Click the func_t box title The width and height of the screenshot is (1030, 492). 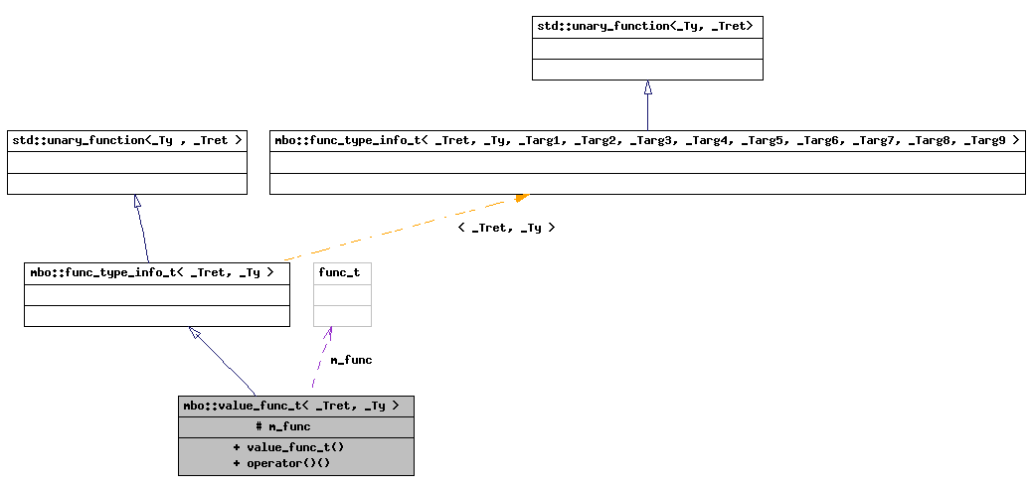339,272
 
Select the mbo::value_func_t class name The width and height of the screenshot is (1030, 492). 291,406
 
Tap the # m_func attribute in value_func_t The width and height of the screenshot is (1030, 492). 283,426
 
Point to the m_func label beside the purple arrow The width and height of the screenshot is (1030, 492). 351,360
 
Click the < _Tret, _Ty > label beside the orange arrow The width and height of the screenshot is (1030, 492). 506,228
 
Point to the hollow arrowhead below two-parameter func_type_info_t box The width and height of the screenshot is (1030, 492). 196,334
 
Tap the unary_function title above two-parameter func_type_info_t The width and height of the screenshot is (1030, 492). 126,141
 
